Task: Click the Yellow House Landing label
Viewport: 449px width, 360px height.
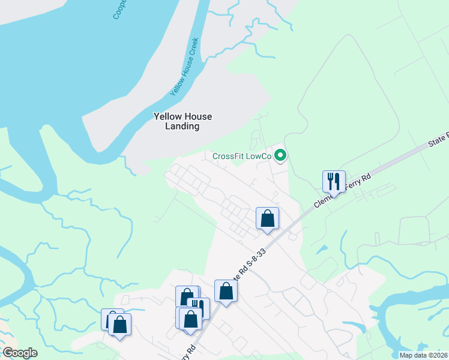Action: point(182,121)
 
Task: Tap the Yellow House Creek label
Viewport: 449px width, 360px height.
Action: point(184,67)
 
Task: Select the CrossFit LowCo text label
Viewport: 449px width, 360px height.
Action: point(242,156)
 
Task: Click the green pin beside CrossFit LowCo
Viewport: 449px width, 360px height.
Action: point(280,156)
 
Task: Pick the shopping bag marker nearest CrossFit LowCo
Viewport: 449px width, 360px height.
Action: point(267,218)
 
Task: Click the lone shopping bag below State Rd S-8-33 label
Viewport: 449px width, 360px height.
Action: point(226,291)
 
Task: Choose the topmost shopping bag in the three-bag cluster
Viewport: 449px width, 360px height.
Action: point(186,296)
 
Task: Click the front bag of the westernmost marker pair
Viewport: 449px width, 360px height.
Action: point(119,324)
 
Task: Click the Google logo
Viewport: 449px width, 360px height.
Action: point(20,353)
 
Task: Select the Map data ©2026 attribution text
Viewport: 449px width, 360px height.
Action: point(423,355)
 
